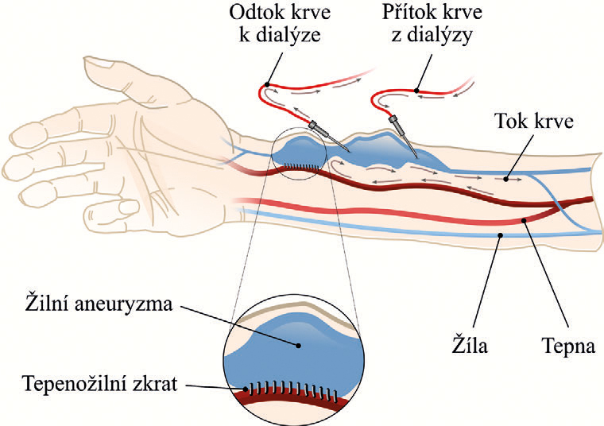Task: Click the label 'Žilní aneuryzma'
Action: point(99,304)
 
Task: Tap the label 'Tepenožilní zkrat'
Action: point(100,384)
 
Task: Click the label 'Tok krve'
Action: point(534,121)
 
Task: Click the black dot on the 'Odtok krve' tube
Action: point(267,85)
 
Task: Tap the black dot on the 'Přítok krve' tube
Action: point(416,91)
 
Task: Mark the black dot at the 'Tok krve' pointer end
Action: point(505,179)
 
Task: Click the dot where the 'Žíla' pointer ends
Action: point(500,235)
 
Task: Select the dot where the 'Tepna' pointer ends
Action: point(524,220)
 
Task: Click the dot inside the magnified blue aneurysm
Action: point(299,346)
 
